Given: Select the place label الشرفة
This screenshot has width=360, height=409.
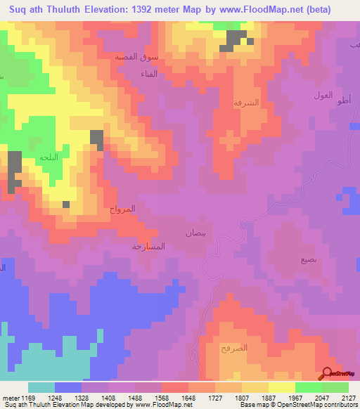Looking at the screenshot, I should pos(247,103).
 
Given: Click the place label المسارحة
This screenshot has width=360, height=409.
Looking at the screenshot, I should pos(148,247).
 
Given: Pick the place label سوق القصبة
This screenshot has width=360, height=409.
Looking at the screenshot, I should pos(136,56).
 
